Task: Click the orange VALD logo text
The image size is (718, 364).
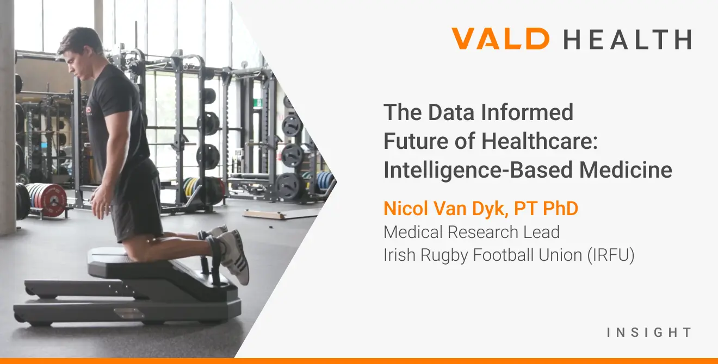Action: pos(500,39)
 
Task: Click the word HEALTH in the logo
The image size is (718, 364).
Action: pos(627,40)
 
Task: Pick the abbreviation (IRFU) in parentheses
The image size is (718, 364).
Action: pos(611,255)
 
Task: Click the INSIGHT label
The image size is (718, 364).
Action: pos(649,332)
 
